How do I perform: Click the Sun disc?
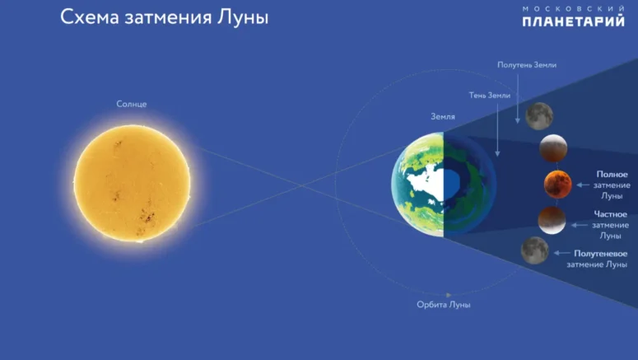click(x=132, y=183)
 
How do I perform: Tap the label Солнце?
click(x=132, y=104)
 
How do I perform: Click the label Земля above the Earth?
click(x=443, y=116)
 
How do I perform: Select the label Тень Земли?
click(x=490, y=96)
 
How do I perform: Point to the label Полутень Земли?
click(x=527, y=65)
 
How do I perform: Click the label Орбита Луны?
click(x=444, y=305)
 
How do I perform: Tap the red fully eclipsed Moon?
click(x=558, y=185)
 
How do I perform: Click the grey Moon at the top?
click(x=539, y=116)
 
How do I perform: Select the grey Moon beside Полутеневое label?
click(x=534, y=250)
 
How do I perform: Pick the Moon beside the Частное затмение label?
click(x=552, y=220)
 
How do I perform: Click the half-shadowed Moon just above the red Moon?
click(x=553, y=148)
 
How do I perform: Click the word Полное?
click(x=612, y=175)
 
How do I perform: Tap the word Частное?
click(x=610, y=214)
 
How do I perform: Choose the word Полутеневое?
click(x=601, y=253)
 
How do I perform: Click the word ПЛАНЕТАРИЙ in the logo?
click(x=573, y=21)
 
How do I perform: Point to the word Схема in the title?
click(x=90, y=17)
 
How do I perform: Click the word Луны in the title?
click(x=243, y=17)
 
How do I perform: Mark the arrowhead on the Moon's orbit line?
click(x=449, y=295)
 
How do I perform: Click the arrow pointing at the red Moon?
click(x=583, y=185)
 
